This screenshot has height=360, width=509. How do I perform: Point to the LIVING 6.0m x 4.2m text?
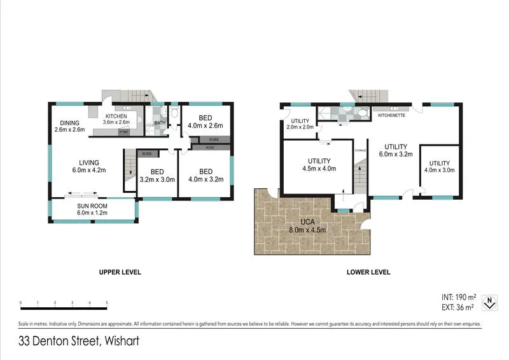click(88, 166)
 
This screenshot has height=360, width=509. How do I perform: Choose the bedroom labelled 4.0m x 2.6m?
click(205, 121)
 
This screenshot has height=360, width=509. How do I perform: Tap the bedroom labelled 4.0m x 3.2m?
click(205, 175)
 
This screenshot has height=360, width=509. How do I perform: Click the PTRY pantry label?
click(124, 132)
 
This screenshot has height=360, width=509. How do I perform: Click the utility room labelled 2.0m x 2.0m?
click(300, 124)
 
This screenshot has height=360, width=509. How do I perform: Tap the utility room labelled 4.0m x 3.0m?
click(439, 167)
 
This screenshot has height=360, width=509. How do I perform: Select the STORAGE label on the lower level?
click(360, 151)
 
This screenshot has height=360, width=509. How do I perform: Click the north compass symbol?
click(489, 302)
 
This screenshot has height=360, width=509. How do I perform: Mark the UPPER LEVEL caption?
click(120, 272)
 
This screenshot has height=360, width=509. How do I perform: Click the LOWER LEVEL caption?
click(368, 272)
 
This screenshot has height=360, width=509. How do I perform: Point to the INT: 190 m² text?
click(459, 297)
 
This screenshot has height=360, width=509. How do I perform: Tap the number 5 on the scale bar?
click(107, 303)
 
